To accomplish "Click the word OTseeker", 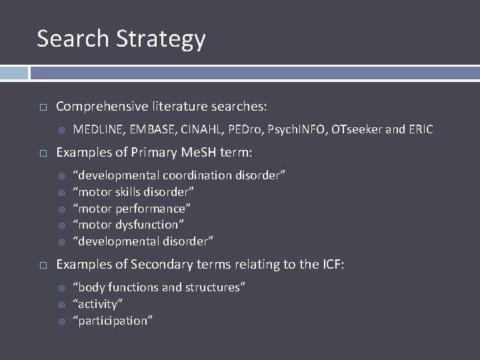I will (x=359, y=129).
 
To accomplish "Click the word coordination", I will (x=197, y=175).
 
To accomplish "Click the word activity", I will (x=98, y=304).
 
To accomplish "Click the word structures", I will (x=215, y=287).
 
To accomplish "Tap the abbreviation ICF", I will (x=330, y=265).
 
